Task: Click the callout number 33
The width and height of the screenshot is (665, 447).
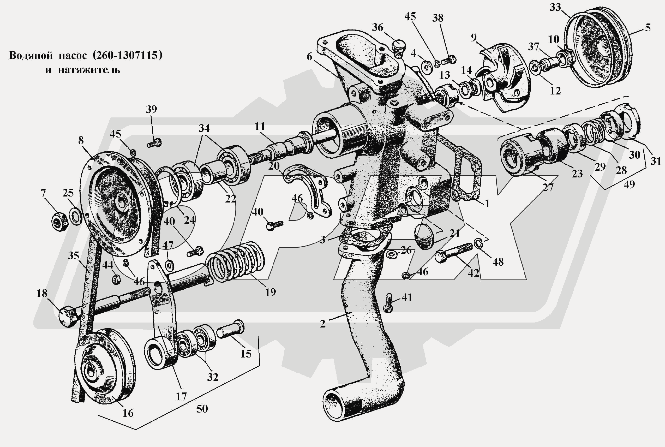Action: [x=555, y=7]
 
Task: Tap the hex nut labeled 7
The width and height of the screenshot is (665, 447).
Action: [x=60, y=221]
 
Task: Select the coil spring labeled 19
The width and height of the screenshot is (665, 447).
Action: [x=235, y=261]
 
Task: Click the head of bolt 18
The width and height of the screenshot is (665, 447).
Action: [x=68, y=317]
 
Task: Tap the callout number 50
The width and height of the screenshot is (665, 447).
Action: [x=202, y=409]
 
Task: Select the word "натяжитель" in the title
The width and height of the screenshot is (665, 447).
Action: [x=89, y=70]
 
